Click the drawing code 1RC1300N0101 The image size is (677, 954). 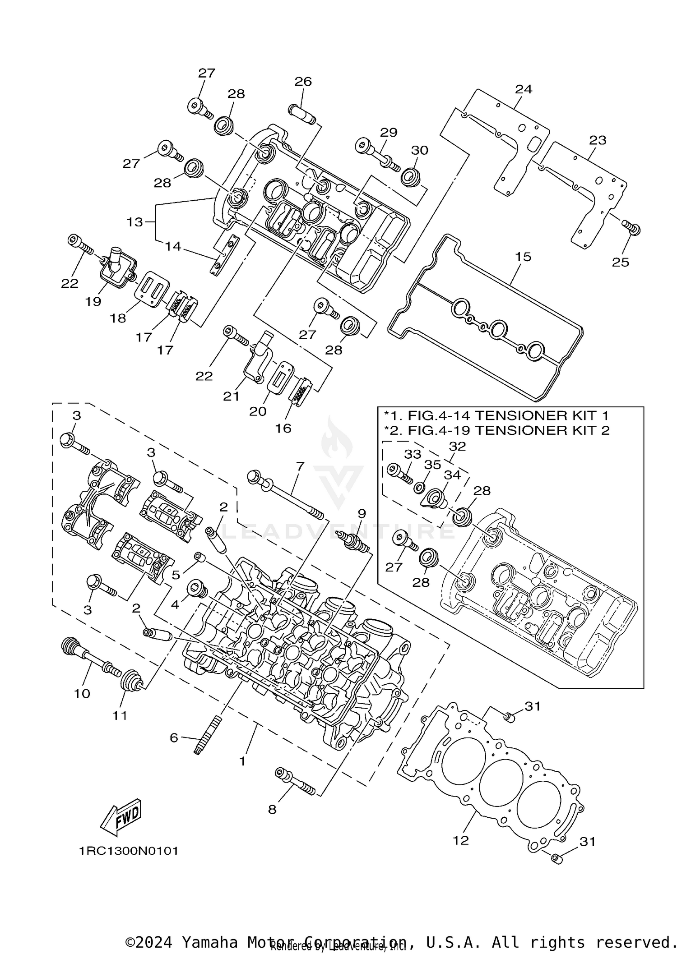coord(129,851)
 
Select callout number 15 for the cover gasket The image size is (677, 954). coord(523,257)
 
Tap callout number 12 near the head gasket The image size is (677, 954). coord(461,840)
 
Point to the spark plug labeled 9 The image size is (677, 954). coord(357,542)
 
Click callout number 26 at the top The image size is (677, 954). coord(303,82)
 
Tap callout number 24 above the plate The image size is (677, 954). coord(524,89)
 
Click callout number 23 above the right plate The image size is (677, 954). coord(598,140)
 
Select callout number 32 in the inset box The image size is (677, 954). coord(457,446)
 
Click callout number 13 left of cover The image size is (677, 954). coord(135,222)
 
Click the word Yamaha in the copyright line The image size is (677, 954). coord(210,942)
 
